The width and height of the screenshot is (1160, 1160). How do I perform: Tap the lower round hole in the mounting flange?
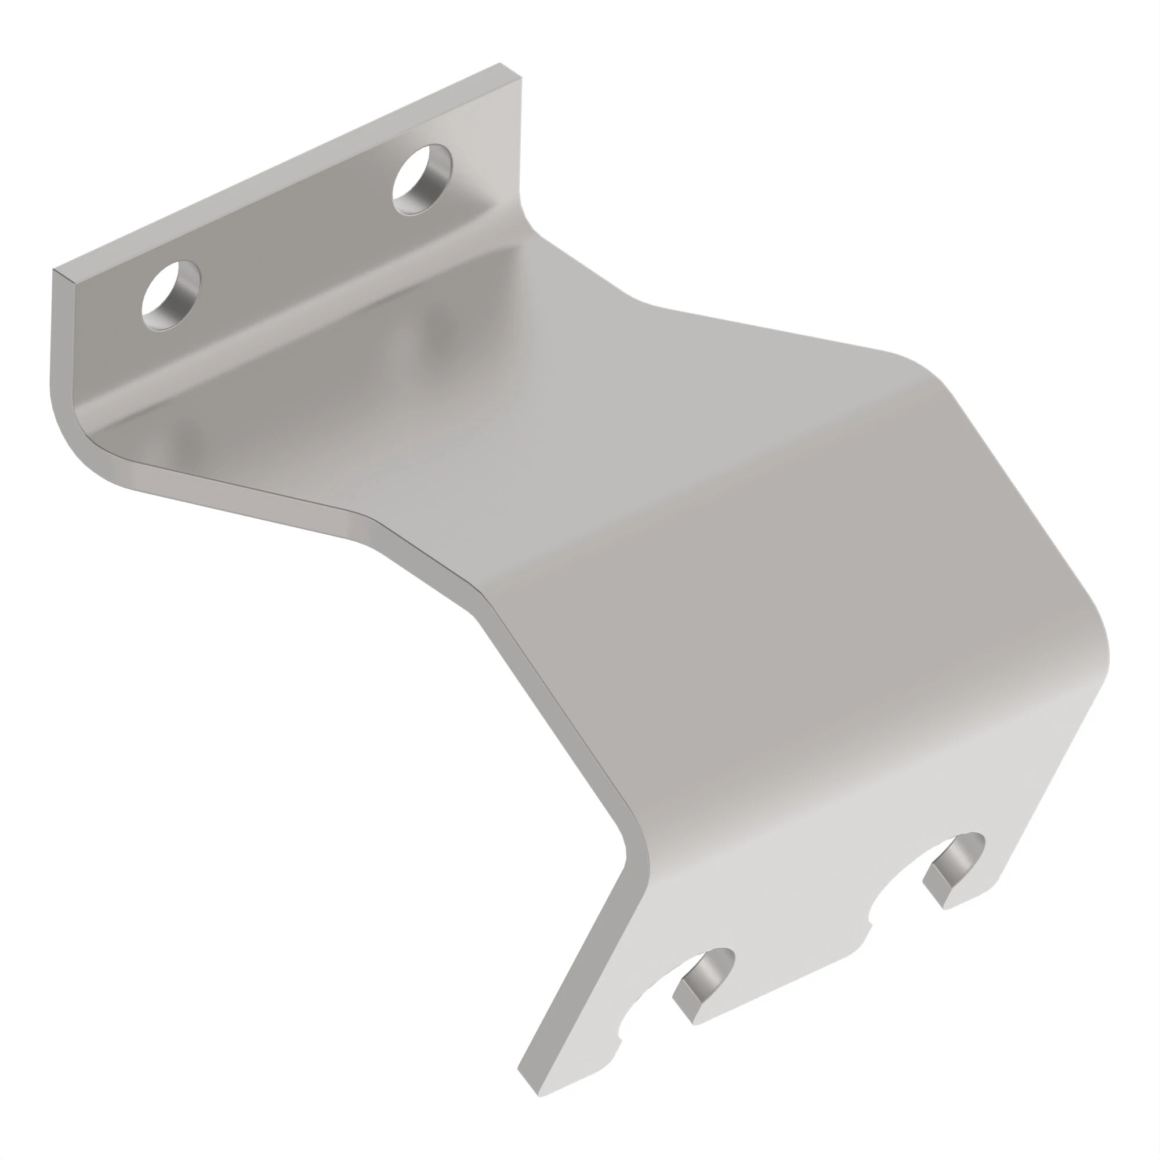click(x=171, y=294)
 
